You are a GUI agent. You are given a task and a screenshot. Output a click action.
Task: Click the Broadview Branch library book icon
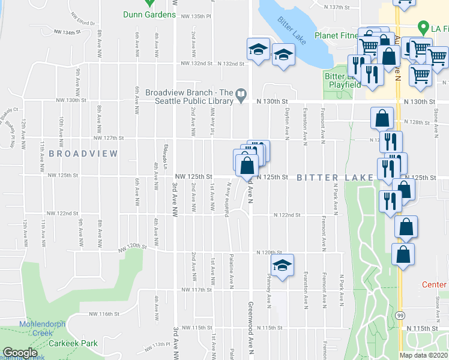(x=240, y=94)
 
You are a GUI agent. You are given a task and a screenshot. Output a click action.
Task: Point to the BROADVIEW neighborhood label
(x=83, y=154)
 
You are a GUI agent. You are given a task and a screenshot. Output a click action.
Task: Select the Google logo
(x=20, y=353)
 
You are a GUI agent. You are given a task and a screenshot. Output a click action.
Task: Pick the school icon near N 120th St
(x=282, y=264)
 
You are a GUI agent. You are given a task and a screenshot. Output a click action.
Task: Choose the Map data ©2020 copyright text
(x=423, y=355)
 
